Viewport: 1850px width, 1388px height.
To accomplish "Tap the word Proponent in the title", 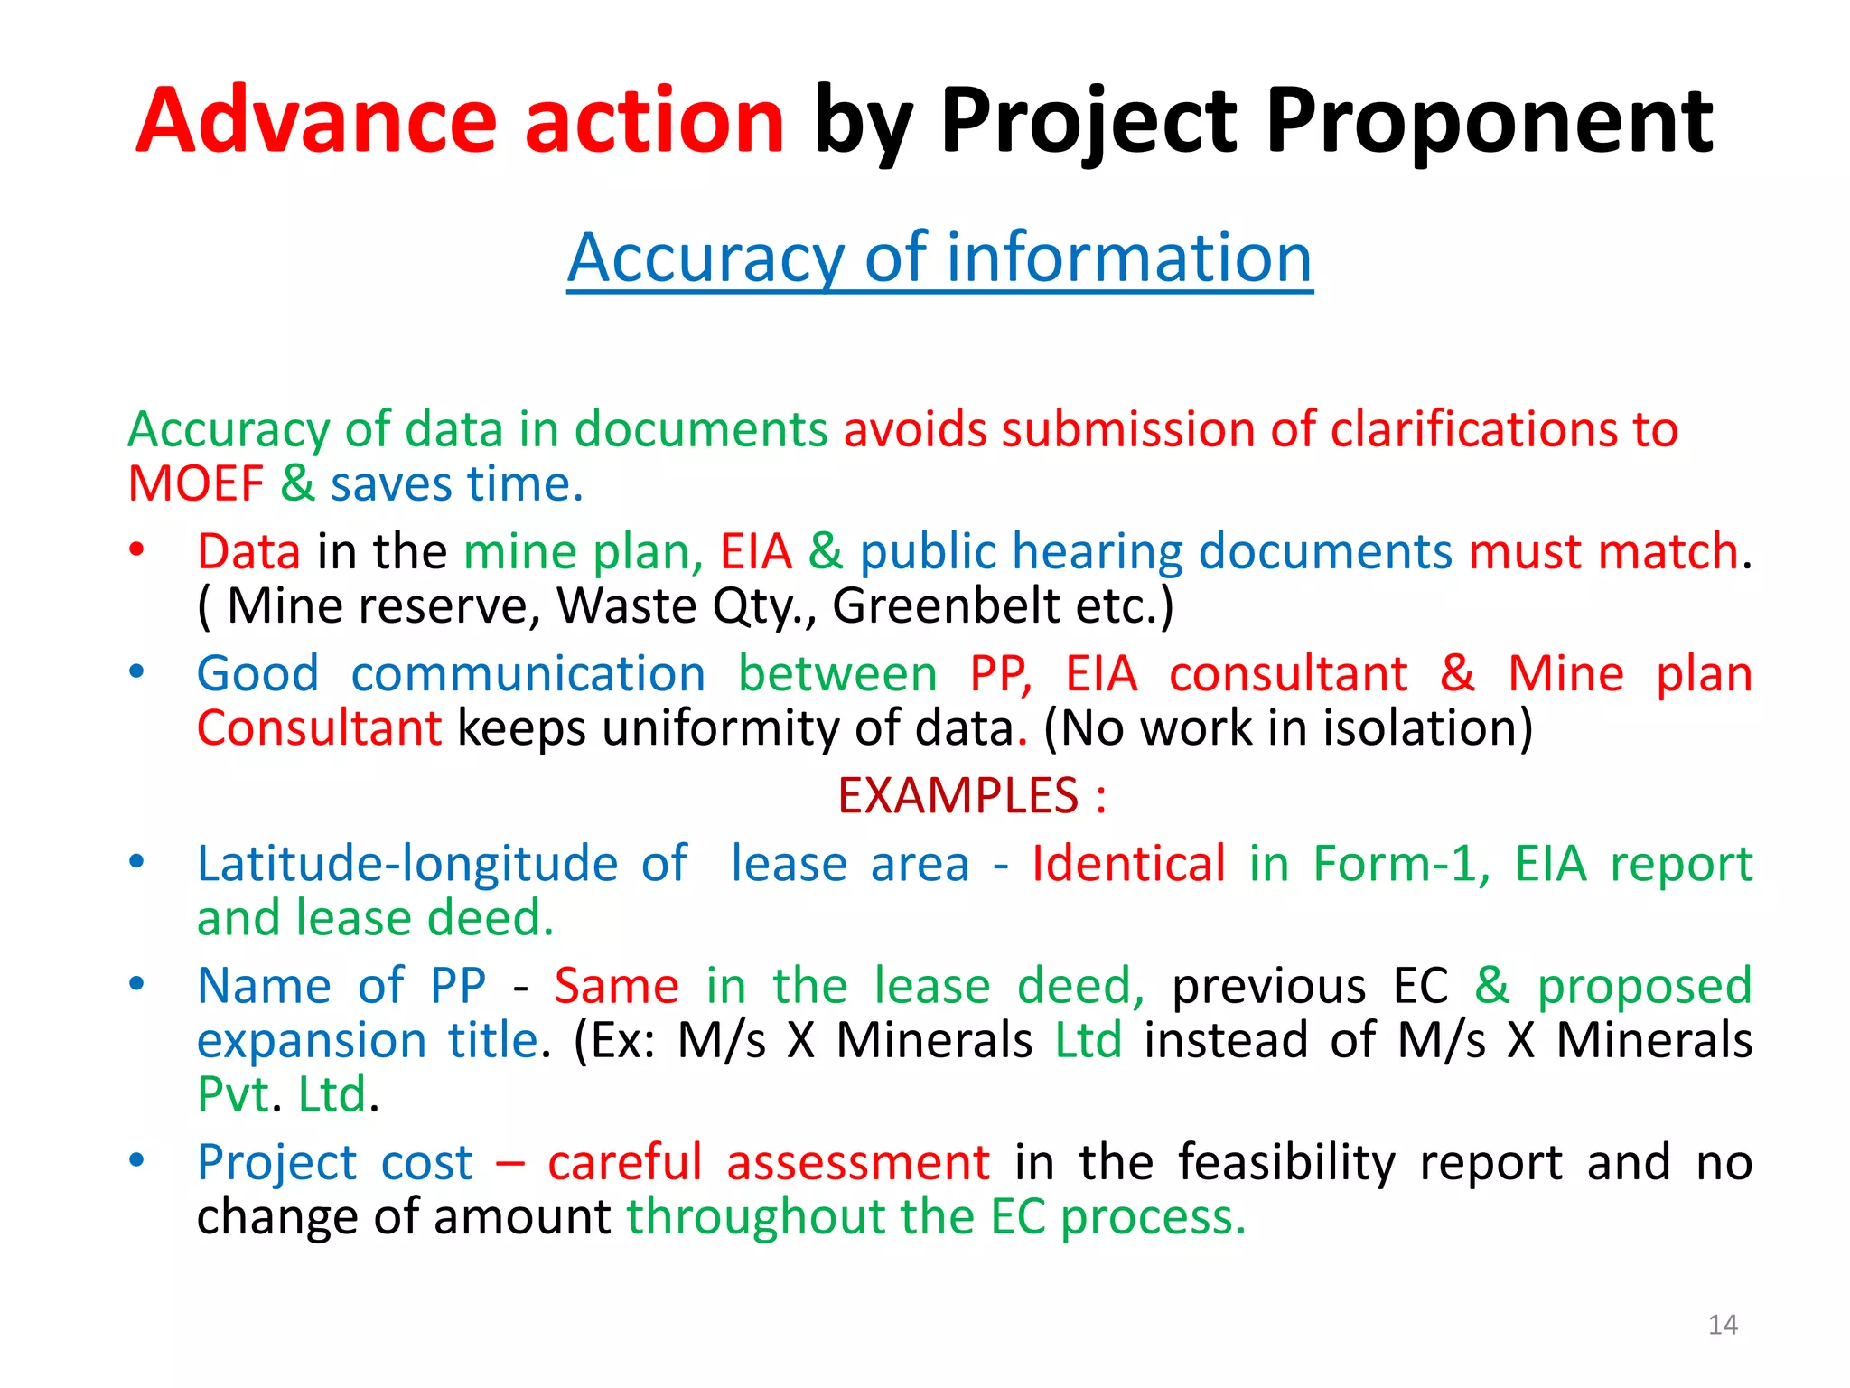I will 1489,122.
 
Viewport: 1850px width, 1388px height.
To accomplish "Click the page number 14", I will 1723,1325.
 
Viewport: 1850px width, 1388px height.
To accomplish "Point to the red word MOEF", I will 195,484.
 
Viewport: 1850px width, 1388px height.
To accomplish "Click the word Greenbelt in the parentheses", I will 945,605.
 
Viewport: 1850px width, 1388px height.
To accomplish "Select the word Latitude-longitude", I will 407,865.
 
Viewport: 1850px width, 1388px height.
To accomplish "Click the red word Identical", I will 1128,864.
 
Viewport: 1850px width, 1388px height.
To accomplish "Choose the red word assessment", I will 858,1162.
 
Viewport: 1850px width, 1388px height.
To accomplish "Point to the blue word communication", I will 528,674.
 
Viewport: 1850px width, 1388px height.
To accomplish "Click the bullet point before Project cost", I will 136,1159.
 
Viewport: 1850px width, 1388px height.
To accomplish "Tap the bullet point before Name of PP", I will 136,983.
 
